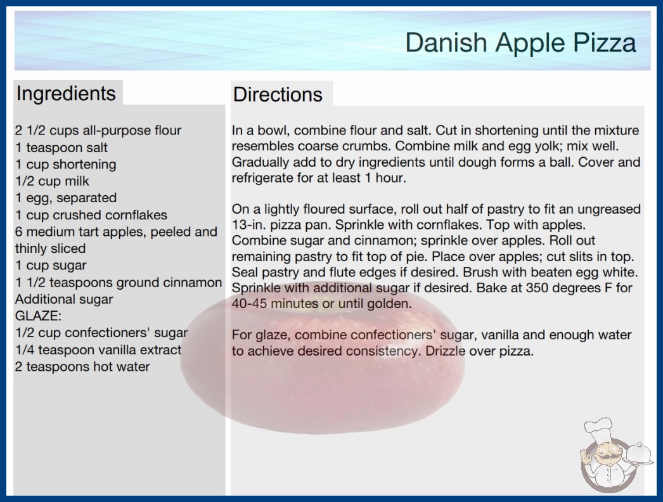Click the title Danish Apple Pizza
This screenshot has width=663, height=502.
[x=520, y=43]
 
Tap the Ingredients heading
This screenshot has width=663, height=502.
[x=66, y=94]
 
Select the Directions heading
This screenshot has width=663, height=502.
[x=278, y=94]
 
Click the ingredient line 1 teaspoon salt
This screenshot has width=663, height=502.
[x=61, y=148]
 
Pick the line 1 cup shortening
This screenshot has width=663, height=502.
[x=65, y=165]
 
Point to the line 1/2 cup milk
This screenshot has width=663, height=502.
[x=52, y=181]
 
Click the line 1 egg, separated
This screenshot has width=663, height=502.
[x=66, y=198]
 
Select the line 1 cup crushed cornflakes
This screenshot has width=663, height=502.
[x=91, y=215]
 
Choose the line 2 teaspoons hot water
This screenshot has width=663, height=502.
[x=82, y=366]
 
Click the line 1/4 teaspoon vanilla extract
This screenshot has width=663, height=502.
[x=98, y=350]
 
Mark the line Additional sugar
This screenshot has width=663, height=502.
[x=64, y=299]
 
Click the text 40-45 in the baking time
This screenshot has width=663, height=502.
[x=249, y=304]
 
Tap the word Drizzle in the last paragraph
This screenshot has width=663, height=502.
[x=445, y=351]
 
